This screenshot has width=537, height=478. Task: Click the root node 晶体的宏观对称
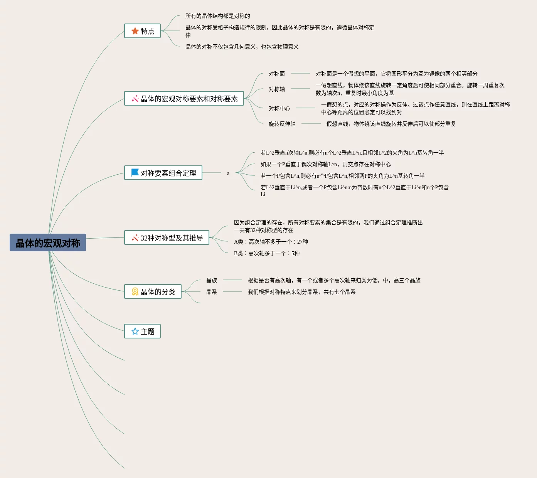point(48,243)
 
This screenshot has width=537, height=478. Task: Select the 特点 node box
point(142,31)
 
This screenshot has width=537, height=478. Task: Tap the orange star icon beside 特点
point(135,31)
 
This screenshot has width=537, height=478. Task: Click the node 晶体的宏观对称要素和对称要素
point(184,99)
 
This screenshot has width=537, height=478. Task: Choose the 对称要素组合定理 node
point(163,173)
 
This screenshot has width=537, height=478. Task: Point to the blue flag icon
point(135,173)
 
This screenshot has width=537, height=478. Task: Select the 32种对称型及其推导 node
point(167,238)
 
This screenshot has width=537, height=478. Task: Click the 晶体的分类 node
point(153,292)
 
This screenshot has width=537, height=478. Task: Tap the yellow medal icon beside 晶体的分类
point(135,292)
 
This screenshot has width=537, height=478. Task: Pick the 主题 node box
point(142,332)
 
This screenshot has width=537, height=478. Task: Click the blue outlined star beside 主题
point(135,332)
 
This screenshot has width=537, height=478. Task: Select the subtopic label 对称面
point(277,74)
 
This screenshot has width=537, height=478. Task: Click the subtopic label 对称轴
point(277,89)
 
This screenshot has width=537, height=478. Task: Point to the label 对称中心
point(279,108)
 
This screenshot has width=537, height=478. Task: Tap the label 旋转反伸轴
point(282,124)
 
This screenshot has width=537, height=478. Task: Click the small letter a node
point(228,173)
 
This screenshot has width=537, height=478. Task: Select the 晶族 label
point(212,280)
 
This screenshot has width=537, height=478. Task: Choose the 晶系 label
point(212,292)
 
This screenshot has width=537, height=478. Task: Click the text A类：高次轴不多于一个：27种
point(271,242)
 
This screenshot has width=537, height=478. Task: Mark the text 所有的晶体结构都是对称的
point(217,16)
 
